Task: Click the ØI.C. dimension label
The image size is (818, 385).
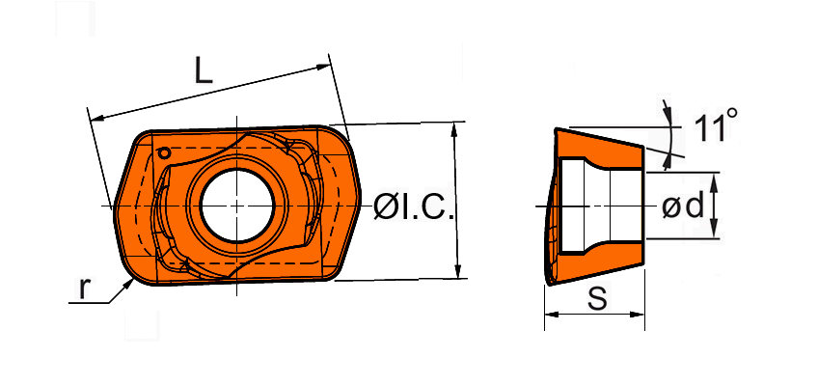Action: pos(414,207)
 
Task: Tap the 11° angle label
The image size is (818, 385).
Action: pos(716,125)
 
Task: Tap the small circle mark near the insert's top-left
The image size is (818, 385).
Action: pos(164,153)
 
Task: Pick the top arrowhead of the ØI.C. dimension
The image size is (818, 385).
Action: pos(454,129)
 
